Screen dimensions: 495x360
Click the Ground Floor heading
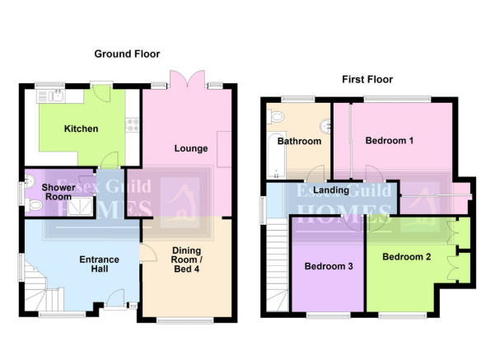(x=127, y=54)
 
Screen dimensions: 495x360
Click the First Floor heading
(x=367, y=79)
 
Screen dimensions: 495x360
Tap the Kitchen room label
(x=82, y=129)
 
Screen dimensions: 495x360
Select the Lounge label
(x=191, y=148)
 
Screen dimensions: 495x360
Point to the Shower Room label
(x=58, y=192)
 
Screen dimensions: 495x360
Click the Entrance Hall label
(x=100, y=264)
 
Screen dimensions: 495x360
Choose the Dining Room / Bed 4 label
(x=187, y=259)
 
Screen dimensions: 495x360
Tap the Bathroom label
(x=299, y=141)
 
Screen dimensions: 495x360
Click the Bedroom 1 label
(x=390, y=141)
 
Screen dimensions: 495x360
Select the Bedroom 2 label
(x=407, y=257)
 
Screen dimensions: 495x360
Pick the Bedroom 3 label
(x=329, y=266)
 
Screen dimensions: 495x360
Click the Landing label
(x=331, y=190)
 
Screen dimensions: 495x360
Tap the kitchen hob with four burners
(x=133, y=124)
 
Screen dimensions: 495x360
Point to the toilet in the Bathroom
(x=275, y=117)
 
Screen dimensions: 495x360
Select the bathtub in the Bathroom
(x=277, y=155)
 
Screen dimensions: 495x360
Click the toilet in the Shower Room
(x=33, y=206)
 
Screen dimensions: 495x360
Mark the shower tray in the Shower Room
(x=79, y=207)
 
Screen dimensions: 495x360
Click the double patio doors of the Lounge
(x=188, y=78)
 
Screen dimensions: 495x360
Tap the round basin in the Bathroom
(x=325, y=126)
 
